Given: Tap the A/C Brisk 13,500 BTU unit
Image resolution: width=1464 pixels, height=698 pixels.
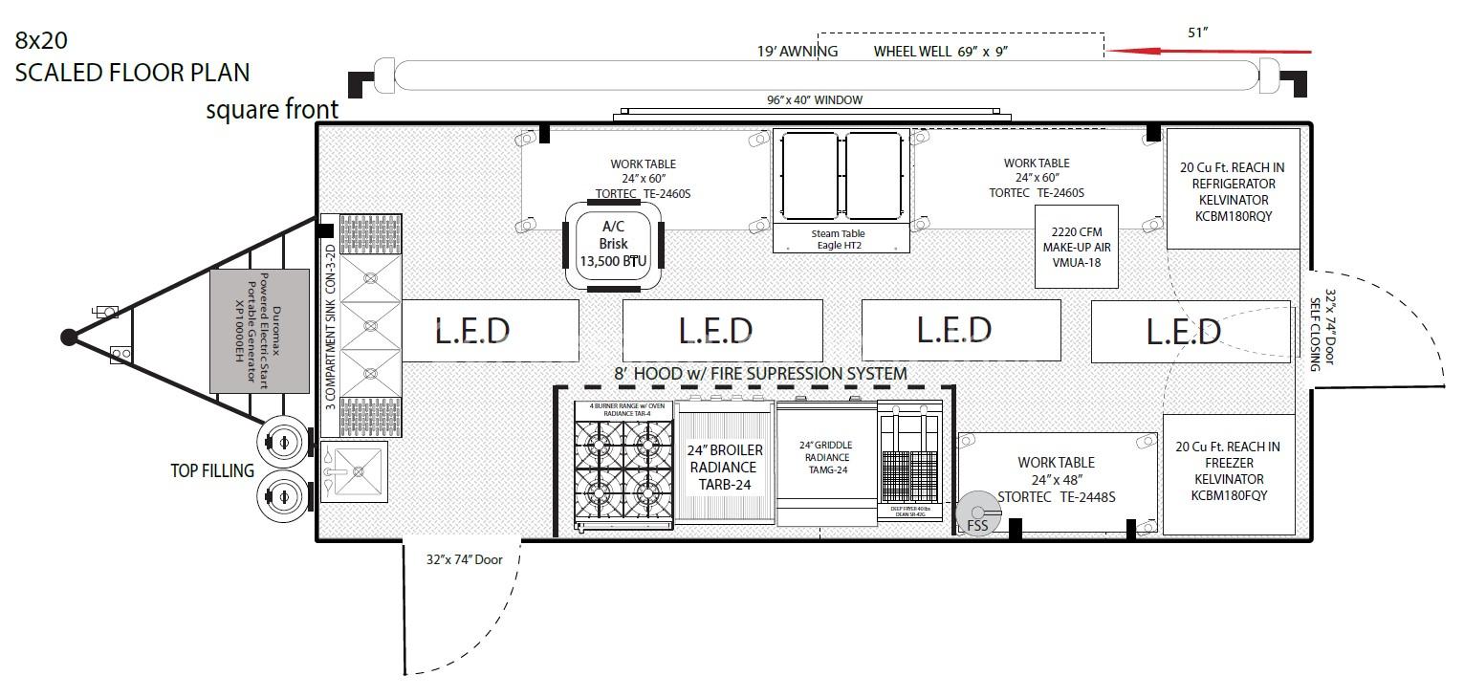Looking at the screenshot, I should click(613, 244).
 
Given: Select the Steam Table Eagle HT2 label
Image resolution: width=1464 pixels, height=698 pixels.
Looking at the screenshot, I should click(841, 240).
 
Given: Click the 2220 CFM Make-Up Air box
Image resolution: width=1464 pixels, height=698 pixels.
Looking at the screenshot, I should click(1076, 246).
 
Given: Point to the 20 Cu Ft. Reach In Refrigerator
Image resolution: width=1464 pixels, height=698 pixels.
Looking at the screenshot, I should click(1230, 191).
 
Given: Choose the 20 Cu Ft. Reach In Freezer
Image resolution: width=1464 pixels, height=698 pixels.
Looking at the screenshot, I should click(1228, 471).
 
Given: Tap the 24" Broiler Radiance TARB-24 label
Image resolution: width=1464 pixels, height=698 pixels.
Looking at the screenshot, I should click(724, 466).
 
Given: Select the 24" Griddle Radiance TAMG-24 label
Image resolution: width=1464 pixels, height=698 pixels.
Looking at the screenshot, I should click(825, 457).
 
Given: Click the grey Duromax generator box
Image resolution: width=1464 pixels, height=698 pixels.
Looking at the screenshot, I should click(259, 331).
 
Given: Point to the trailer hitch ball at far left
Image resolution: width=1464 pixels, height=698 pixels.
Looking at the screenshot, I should click(69, 337).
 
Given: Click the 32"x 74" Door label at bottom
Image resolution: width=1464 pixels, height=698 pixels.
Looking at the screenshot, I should click(464, 559).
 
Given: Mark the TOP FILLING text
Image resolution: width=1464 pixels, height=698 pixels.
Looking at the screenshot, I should click(212, 470).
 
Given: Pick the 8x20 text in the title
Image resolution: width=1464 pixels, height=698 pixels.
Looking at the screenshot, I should click(40, 40).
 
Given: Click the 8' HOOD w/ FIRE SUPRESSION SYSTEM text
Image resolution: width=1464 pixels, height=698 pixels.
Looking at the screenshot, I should click(760, 374).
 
